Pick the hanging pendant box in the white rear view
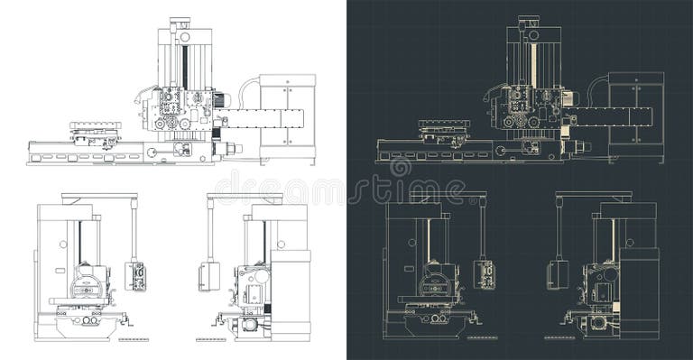pos(209,276)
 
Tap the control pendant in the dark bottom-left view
pos(485,275)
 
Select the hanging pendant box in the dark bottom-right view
pos(559,275)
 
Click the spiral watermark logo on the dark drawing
pos(400,168)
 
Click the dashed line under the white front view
pos(133,337)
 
